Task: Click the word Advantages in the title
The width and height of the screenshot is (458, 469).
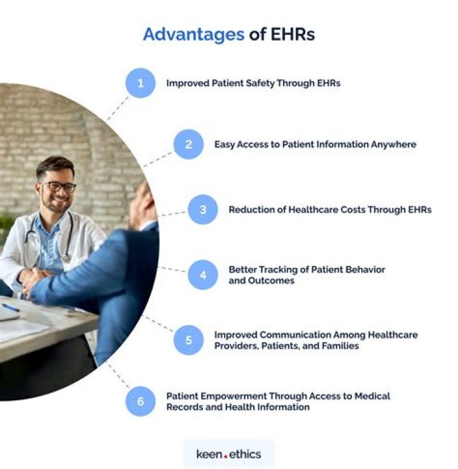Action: [x=193, y=34]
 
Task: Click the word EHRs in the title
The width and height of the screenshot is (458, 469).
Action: [x=292, y=34]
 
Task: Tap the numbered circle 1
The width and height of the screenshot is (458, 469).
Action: [x=140, y=83]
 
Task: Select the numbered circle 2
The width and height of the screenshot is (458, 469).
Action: [x=189, y=144]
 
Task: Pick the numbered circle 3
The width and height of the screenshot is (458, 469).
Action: [x=203, y=209]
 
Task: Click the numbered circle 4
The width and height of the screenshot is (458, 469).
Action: [x=203, y=275]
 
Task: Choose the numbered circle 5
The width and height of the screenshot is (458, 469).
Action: [x=189, y=340]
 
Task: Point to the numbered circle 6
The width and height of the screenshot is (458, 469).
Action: [x=140, y=402]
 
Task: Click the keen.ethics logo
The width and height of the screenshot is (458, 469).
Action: [x=228, y=454]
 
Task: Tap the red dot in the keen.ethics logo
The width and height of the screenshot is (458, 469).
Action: [x=225, y=456]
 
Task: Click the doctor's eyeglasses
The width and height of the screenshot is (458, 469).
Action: [x=58, y=186]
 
